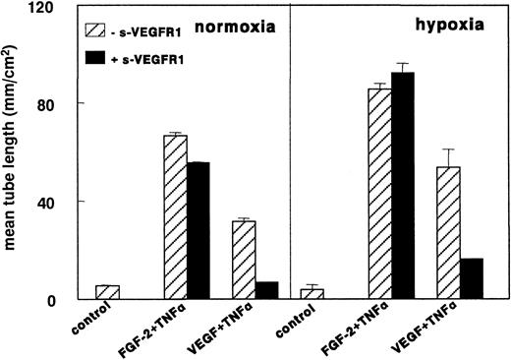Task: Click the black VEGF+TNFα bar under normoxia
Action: point(266,290)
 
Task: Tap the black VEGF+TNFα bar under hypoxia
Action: point(471,278)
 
